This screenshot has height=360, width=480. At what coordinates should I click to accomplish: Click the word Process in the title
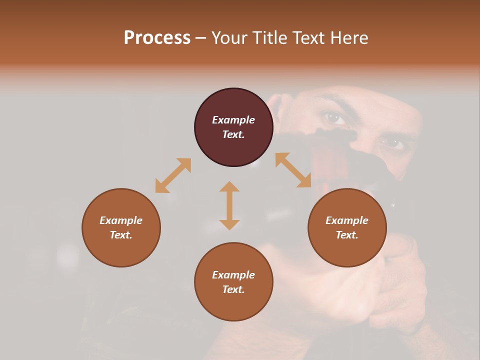click(x=157, y=38)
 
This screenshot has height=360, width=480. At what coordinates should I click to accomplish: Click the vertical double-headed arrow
click(x=229, y=205)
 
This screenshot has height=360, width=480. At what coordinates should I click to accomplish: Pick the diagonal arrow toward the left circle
click(x=173, y=175)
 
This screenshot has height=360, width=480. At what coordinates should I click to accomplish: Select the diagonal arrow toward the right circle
click(x=293, y=170)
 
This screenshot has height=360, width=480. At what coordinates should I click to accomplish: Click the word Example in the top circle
click(x=233, y=120)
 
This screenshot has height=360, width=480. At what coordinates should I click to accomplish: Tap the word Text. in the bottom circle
click(x=233, y=289)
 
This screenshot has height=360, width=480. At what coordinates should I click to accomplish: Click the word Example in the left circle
click(x=121, y=220)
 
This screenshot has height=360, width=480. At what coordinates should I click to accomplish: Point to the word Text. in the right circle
click(x=347, y=235)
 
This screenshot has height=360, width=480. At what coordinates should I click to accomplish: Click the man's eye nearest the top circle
click(x=334, y=118)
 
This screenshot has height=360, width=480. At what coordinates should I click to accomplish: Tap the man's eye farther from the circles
click(x=391, y=144)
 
